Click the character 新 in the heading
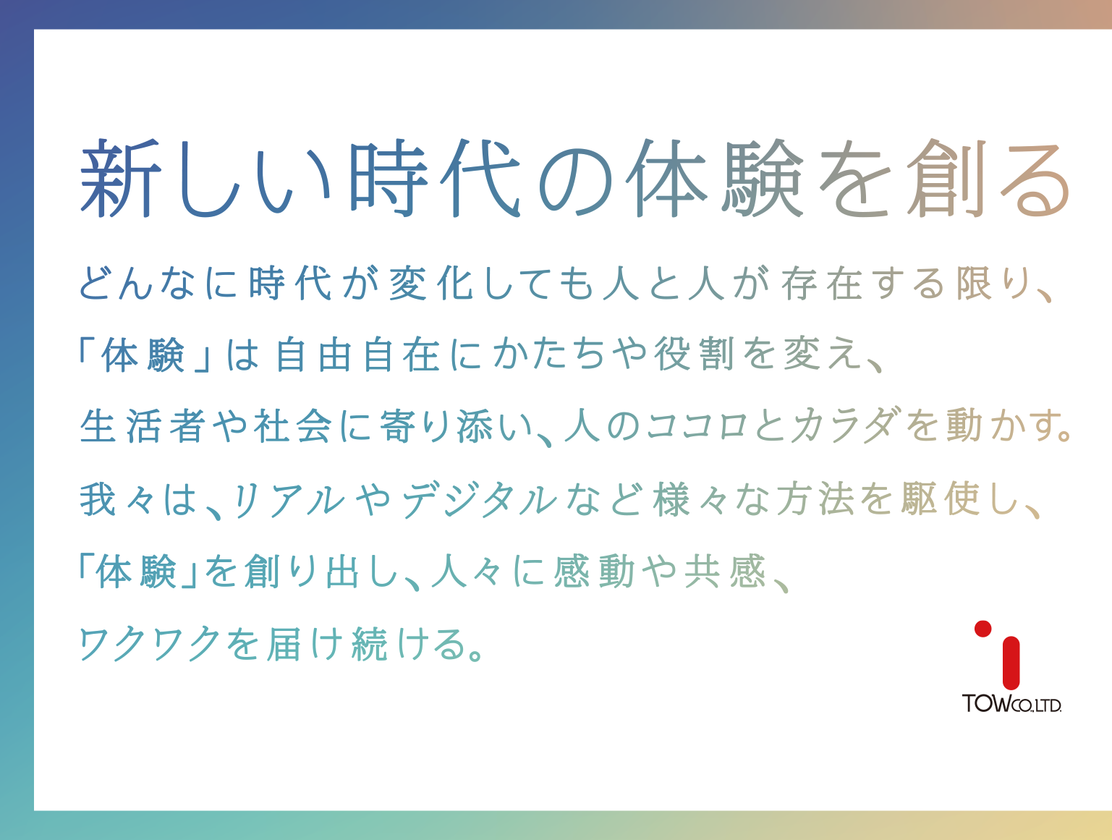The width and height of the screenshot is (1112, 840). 120,179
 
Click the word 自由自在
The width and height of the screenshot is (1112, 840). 357,355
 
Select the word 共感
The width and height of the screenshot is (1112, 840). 725,572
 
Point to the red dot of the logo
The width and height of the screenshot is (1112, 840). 982,629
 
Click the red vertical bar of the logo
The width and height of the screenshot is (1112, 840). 1011,663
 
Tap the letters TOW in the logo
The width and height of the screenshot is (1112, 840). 985,703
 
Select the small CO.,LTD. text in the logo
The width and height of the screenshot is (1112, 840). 1036,705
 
